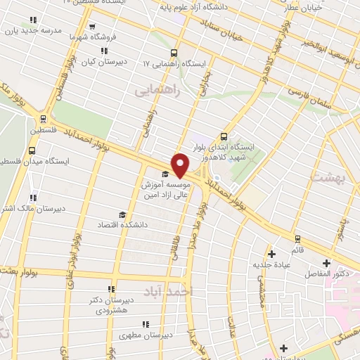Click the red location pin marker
click(x=180, y=165)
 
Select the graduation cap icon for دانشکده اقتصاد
click(x=122, y=214)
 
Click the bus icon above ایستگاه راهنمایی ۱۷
click(x=173, y=53)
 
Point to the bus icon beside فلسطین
click(x=44, y=120)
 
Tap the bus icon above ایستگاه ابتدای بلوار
click(x=224, y=136)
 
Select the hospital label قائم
click(x=298, y=250)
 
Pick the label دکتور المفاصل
click(x=327, y=271)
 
